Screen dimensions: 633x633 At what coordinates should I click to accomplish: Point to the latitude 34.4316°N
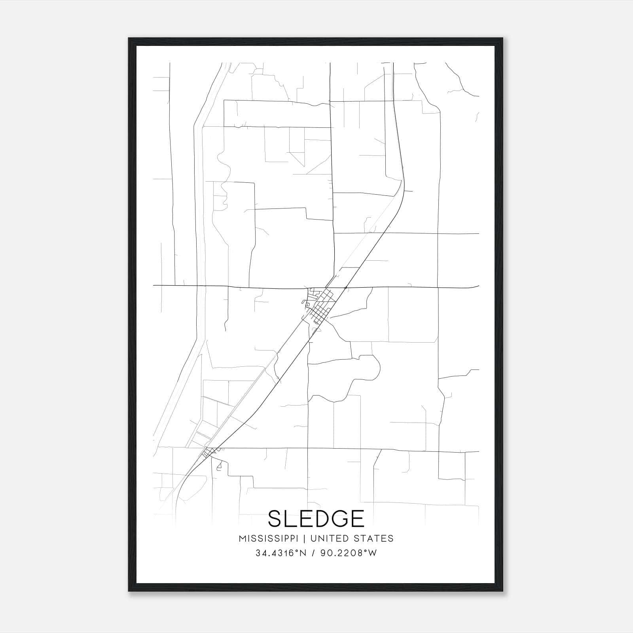(281, 553)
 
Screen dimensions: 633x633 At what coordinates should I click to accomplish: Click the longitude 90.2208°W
(349, 553)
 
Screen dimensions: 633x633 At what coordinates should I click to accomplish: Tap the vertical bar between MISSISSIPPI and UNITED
(305, 538)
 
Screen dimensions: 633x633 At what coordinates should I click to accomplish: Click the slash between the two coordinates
(313, 553)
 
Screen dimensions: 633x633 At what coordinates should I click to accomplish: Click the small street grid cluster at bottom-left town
(208, 452)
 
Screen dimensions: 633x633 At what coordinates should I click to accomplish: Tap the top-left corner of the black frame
(129, 39)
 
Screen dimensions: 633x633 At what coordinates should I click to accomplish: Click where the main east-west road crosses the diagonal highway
(346, 287)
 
